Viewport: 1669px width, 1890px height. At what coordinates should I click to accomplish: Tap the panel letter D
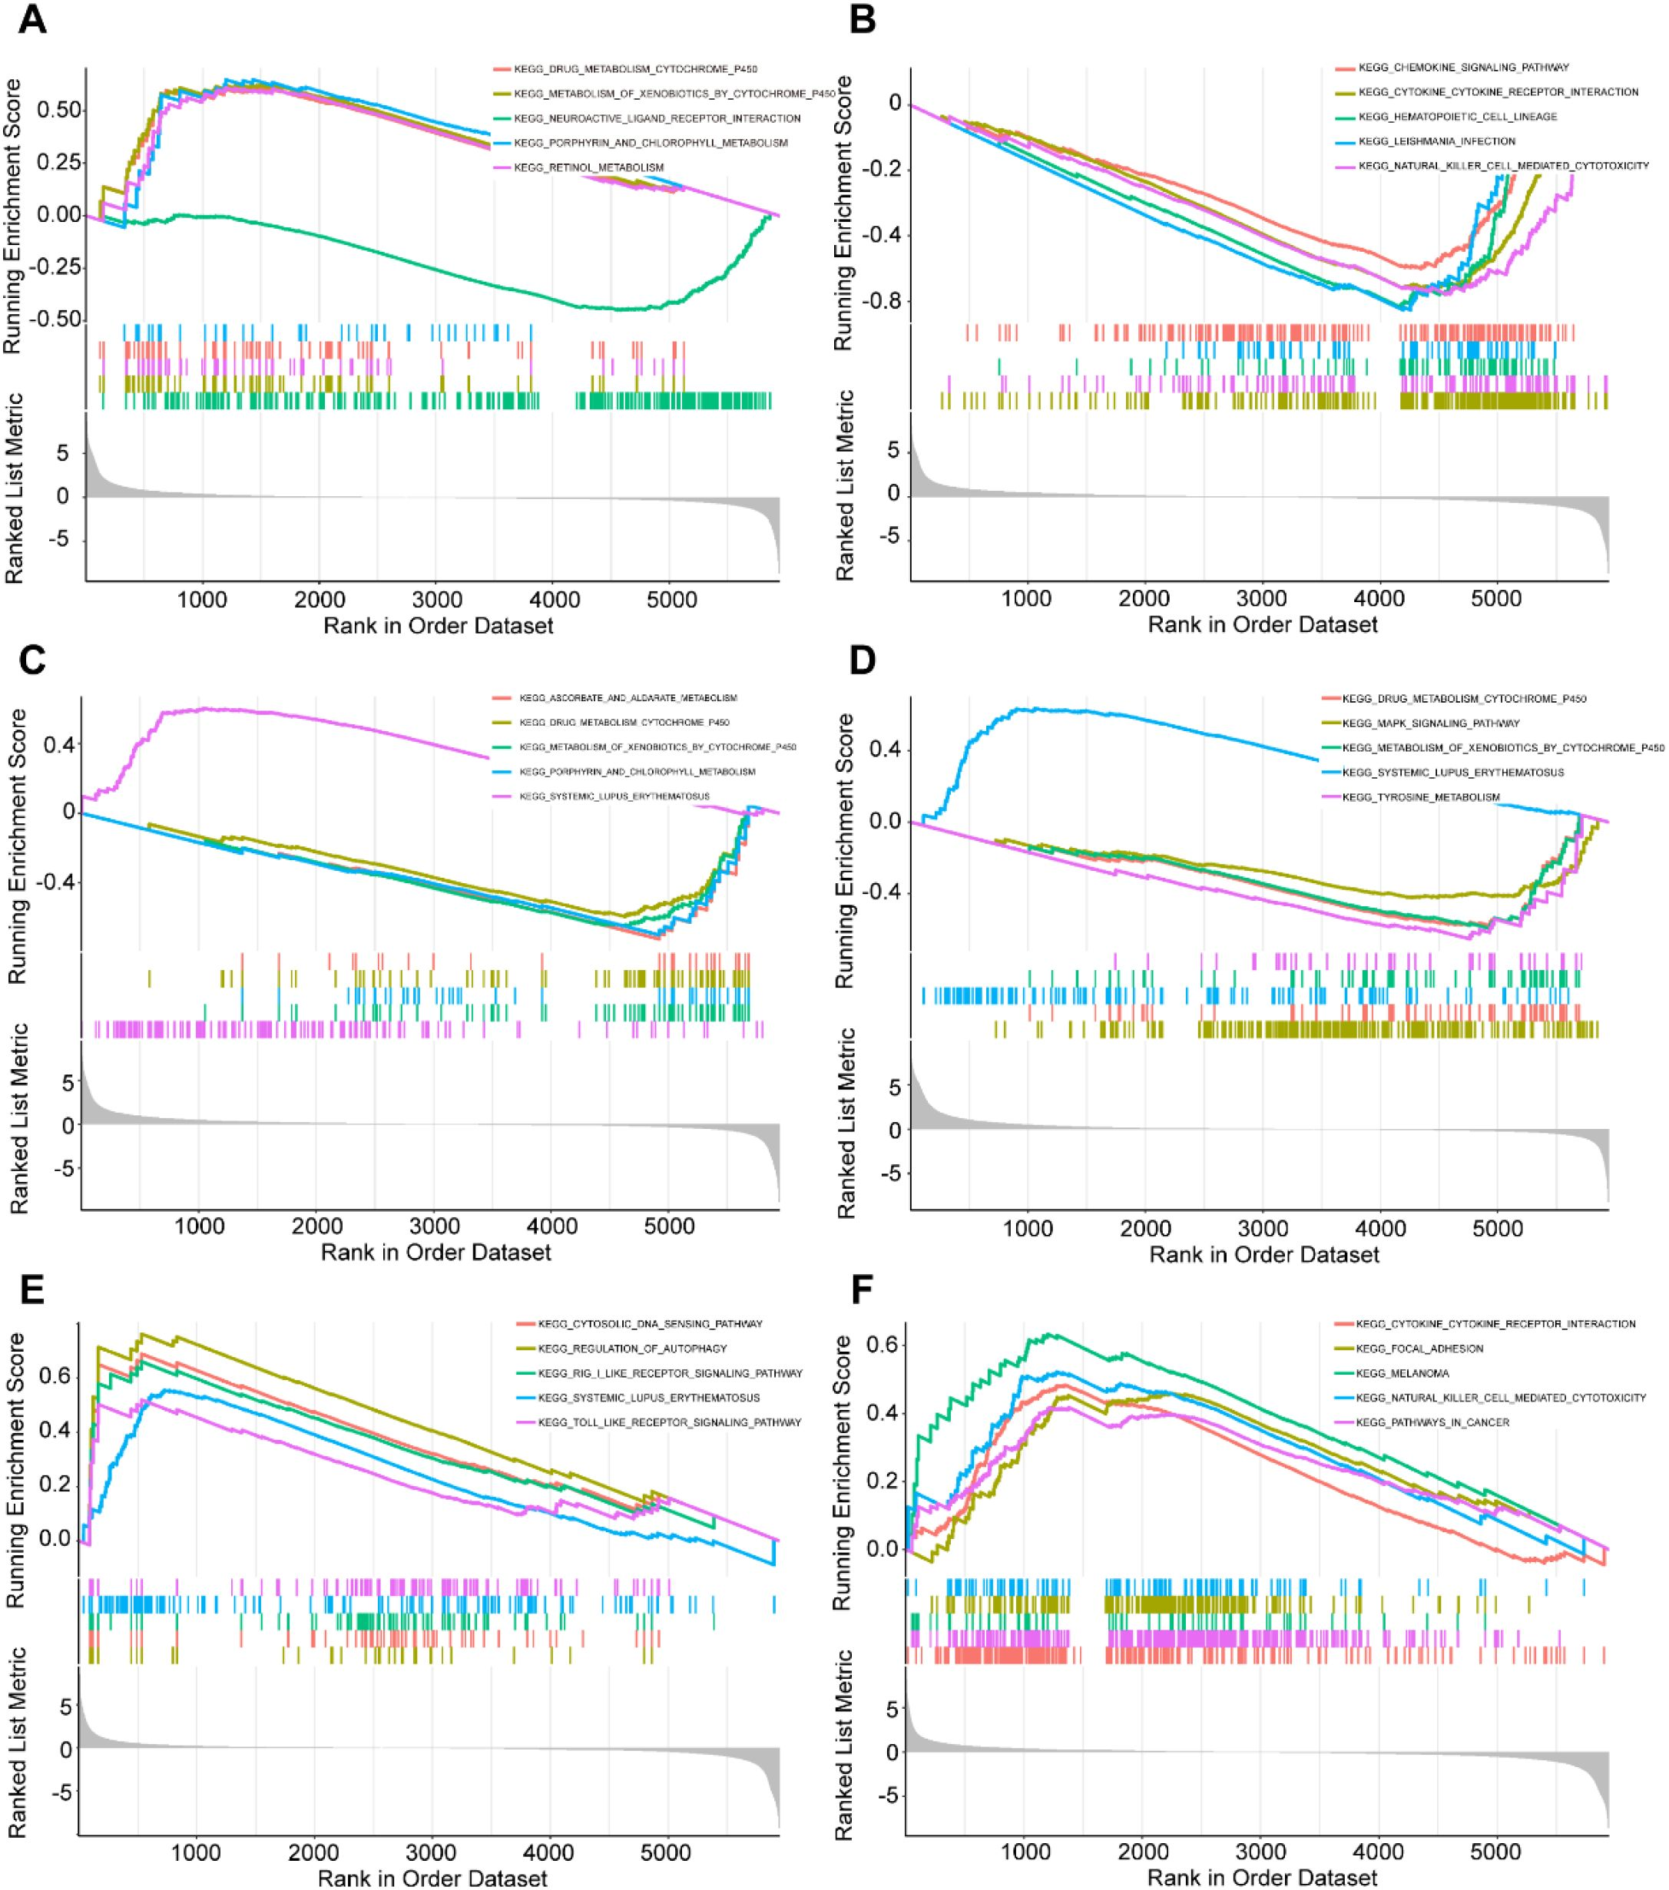[x=862, y=662]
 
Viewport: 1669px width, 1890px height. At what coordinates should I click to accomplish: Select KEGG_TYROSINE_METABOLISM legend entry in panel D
[x=1420, y=797]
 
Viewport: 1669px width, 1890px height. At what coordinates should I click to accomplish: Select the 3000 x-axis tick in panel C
[x=435, y=1226]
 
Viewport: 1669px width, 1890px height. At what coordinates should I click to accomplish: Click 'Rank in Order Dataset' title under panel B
[x=1262, y=625]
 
